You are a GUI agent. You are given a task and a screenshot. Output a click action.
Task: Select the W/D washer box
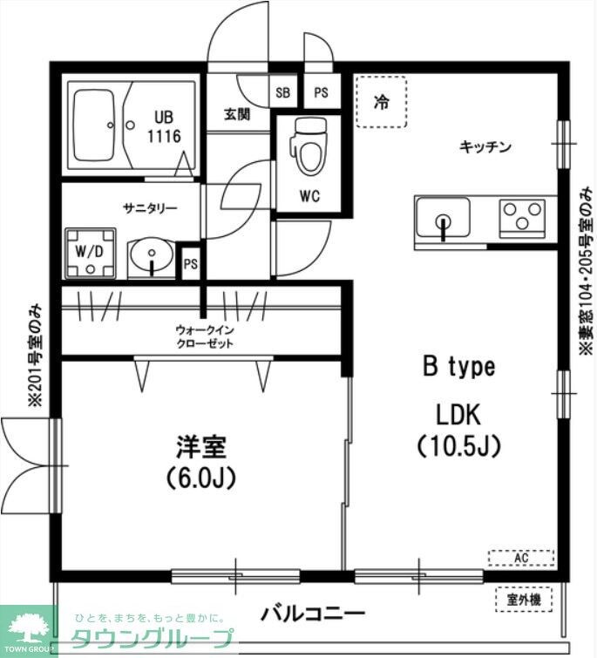click(x=90, y=251)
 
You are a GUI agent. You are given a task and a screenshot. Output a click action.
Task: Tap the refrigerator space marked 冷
click(x=380, y=102)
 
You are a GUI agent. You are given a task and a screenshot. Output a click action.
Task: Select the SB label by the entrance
click(x=282, y=92)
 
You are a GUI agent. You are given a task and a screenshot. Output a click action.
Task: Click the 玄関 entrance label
click(x=237, y=113)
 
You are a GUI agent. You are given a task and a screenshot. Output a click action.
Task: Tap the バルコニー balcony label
click(x=312, y=614)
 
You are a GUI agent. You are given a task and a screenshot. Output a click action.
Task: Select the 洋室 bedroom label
click(x=201, y=447)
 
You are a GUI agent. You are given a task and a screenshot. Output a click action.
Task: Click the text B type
click(x=458, y=367)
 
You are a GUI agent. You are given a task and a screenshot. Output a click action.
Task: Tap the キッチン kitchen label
click(x=485, y=146)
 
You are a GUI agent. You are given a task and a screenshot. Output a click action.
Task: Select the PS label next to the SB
click(x=321, y=92)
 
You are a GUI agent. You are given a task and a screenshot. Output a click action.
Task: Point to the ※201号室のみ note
click(x=35, y=356)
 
